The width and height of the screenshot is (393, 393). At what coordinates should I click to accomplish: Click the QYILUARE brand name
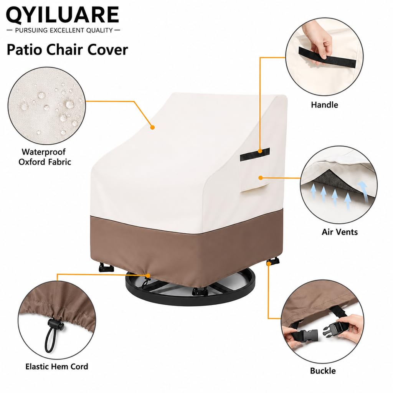(63, 15)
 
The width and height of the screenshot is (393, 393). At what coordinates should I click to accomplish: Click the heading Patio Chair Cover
(67, 50)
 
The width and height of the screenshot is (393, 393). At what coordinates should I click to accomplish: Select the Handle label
(324, 105)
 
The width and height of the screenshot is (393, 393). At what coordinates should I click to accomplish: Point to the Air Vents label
(340, 232)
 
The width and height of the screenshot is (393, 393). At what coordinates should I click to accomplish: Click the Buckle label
(323, 371)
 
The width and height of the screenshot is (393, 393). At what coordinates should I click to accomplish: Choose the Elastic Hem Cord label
(57, 367)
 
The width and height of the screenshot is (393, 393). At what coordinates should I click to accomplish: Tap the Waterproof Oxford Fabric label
(45, 157)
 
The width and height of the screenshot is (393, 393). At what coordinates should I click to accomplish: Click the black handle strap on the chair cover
(255, 154)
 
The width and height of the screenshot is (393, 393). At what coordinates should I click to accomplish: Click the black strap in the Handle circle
(327, 57)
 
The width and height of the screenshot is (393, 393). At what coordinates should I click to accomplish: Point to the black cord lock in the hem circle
(55, 325)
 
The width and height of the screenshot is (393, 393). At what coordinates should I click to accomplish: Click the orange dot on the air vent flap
(261, 178)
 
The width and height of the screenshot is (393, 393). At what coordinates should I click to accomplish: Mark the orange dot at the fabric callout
(152, 127)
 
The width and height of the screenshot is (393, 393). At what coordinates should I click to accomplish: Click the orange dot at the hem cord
(148, 276)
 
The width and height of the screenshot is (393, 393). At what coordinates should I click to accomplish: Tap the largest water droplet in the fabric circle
(69, 104)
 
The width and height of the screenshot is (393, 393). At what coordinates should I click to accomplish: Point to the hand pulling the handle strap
(318, 43)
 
